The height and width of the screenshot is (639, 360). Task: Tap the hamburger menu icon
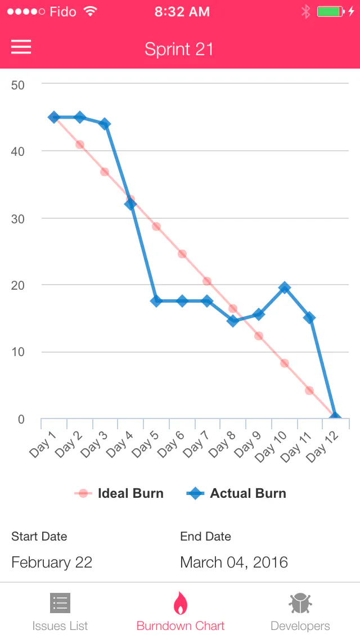21,47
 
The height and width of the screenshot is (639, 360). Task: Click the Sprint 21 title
179,49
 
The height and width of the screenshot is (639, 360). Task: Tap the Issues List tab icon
60,603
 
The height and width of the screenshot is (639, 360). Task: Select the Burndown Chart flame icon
181,603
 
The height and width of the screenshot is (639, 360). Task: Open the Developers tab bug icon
300,603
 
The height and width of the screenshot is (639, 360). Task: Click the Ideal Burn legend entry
119,493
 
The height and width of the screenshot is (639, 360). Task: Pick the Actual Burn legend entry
236,493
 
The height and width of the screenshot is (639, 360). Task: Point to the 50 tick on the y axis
18,85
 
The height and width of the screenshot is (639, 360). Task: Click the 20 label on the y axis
18,285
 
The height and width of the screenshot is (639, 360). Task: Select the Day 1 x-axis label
42,444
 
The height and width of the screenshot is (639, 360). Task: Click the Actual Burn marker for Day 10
285,287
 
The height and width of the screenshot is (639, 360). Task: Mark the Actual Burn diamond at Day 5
156,301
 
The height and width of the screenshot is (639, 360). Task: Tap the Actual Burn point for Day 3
105,124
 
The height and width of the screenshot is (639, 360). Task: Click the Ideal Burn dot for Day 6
182,254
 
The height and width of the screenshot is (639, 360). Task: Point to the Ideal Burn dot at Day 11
309,390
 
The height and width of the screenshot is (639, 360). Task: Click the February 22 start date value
52,562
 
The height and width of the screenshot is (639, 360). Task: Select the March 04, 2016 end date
234,562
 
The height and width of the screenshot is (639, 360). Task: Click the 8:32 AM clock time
182,12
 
